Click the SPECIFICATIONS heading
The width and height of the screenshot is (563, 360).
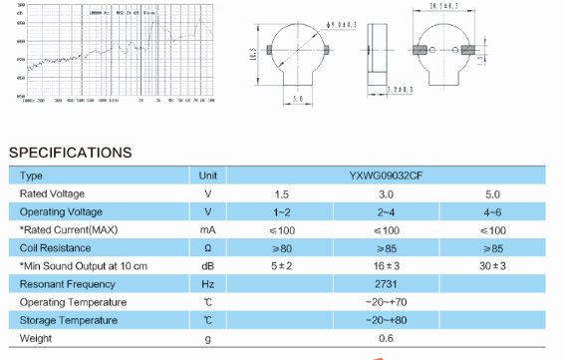[x=70, y=153]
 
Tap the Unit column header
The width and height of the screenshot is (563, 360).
[x=208, y=175]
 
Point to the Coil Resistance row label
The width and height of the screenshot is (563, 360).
[x=56, y=247]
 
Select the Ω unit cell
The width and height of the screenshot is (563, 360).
[x=208, y=247]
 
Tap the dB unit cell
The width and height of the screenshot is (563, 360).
[x=208, y=266]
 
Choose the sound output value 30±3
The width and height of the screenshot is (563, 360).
[x=493, y=266]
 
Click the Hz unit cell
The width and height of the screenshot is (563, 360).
[x=208, y=284]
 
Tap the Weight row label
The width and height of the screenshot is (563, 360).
[x=36, y=339]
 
